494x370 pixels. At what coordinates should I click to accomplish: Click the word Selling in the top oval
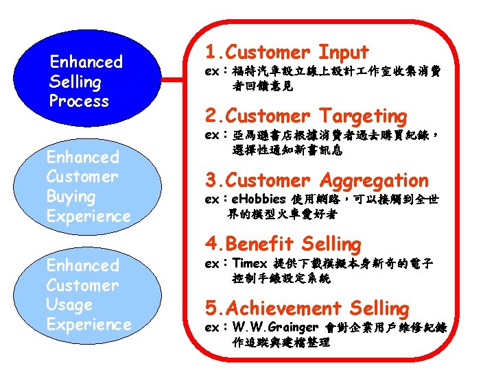(x=75, y=82)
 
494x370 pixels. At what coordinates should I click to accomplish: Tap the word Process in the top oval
(x=79, y=101)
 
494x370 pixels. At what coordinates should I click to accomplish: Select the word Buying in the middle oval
(x=71, y=197)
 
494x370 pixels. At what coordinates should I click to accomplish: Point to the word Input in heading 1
(x=343, y=52)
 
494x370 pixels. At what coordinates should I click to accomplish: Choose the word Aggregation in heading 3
(x=373, y=181)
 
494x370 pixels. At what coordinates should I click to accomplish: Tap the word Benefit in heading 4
(x=260, y=244)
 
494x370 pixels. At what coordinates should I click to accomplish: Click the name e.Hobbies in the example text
(x=259, y=199)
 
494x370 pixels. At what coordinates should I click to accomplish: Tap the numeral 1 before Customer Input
(x=211, y=52)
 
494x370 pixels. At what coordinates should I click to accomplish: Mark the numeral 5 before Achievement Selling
(x=211, y=308)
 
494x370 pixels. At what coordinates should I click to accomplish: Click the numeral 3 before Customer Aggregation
(x=211, y=181)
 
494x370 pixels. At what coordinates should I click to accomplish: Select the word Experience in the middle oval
(x=88, y=217)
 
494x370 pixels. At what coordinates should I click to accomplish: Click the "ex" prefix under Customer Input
(x=212, y=71)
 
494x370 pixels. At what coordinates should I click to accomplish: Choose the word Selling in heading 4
(x=331, y=244)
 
